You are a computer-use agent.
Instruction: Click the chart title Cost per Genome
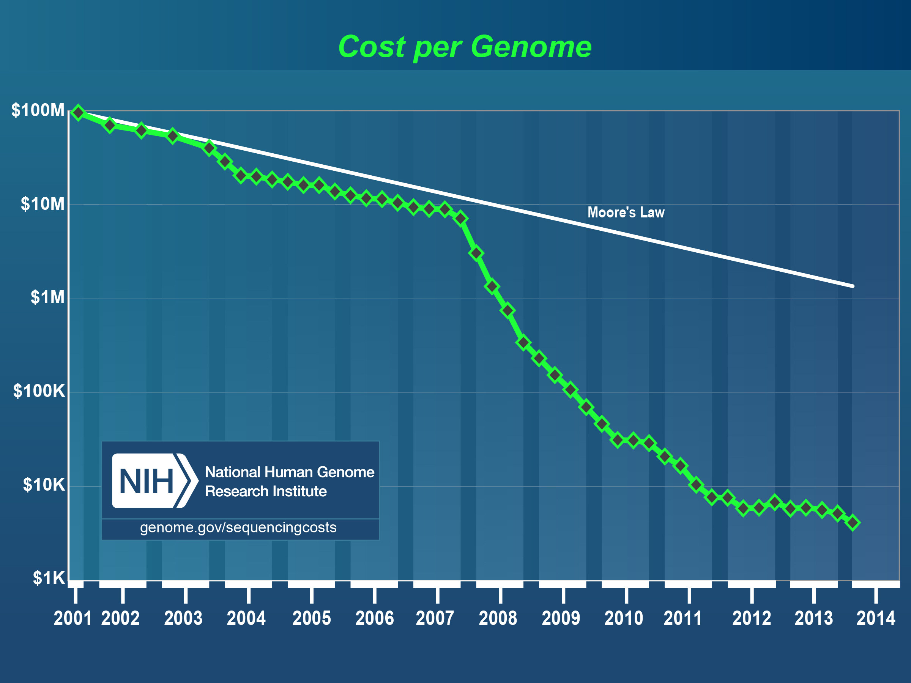tap(465, 47)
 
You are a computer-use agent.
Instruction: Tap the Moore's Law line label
tap(626, 212)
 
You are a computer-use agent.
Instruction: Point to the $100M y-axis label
tap(38, 110)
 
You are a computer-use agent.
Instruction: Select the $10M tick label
tap(43, 204)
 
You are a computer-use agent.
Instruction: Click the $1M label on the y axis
tap(48, 297)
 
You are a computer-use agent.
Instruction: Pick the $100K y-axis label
tap(39, 391)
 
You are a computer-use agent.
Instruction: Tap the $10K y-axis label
tap(44, 485)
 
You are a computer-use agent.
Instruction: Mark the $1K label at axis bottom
tap(49, 578)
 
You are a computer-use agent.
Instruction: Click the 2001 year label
tap(73, 618)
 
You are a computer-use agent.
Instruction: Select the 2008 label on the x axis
tap(498, 618)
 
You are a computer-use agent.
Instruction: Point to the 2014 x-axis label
tap(876, 618)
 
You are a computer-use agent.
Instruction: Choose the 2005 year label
tap(311, 618)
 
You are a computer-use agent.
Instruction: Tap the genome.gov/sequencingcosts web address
tap(238, 527)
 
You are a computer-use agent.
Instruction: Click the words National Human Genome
tap(290, 472)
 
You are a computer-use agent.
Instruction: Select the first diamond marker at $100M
tap(78, 112)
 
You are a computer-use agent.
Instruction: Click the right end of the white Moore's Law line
tap(852, 286)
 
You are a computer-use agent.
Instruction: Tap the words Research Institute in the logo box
tap(266, 491)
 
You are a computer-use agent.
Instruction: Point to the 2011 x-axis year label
tap(682, 618)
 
